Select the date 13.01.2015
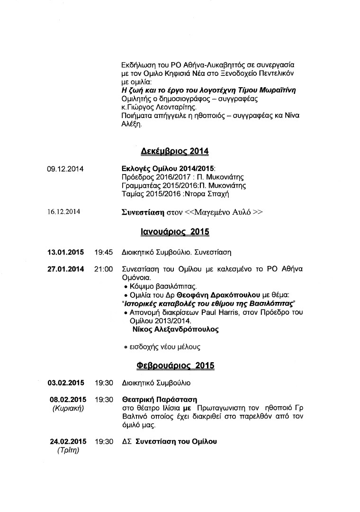pyautogui.click(x=66, y=252)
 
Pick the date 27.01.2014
pyautogui.click(x=66, y=269)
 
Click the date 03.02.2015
pyautogui.click(x=66, y=382)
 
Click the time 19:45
pyautogui.click(x=103, y=252)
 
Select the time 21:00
pyautogui.click(x=103, y=269)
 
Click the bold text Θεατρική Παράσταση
pyautogui.click(x=159, y=400)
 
